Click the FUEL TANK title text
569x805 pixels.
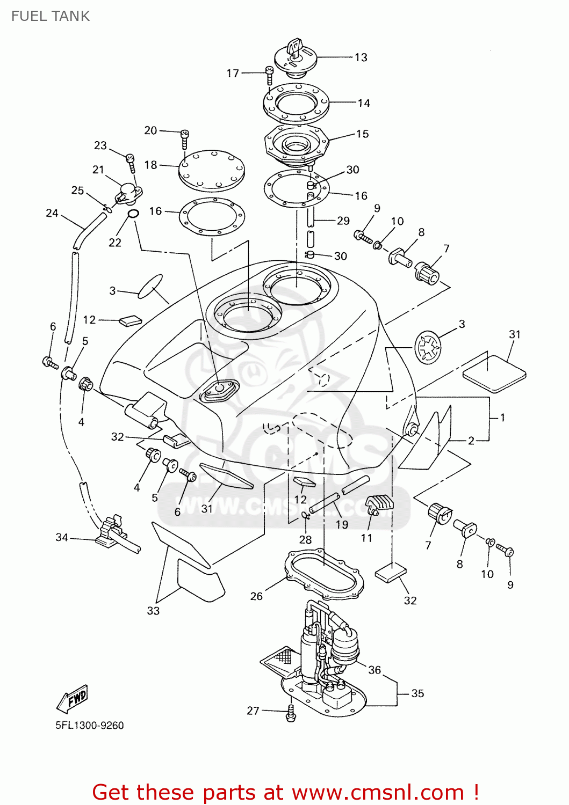click(51, 16)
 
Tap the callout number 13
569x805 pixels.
click(361, 57)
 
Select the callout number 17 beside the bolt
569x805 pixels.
click(233, 74)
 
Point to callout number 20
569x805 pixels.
click(151, 130)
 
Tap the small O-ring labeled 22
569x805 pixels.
click(133, 214)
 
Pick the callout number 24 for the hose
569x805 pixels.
click(52, 213)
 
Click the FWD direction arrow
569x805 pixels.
click(72, 699)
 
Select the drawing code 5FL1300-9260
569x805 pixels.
click(90, 726)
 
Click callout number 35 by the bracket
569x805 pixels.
click(417, 693)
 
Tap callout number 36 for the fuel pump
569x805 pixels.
click(374, 670)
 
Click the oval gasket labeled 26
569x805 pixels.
click(323, 574)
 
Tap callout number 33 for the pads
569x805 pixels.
click(153, 611)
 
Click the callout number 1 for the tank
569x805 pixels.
click(502, 418)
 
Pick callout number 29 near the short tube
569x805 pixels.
click(343, 221)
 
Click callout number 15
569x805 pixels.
click(363, 134)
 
